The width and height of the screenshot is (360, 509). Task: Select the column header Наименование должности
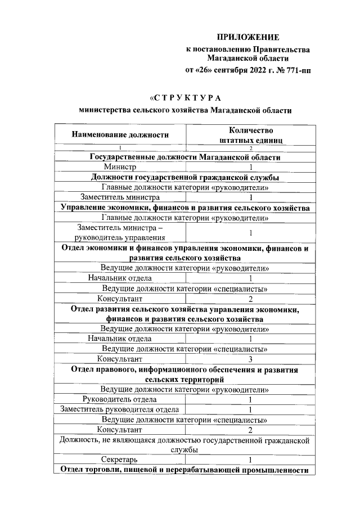coord(120,134)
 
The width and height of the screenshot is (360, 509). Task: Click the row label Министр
coord(120,167)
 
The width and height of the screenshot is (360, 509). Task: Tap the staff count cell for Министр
coord(250,167)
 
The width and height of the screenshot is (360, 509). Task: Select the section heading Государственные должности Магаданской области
coord(186,157)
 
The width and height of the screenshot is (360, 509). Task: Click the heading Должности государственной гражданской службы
coord(186,177)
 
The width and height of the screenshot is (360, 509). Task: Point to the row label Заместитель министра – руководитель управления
coord(120,232)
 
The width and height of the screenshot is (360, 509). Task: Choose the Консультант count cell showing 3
coord(250,359)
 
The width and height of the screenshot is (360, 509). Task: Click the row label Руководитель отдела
coord(120,399)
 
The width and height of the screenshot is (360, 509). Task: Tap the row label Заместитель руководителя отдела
coord(120,409)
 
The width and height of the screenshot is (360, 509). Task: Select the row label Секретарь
coord(120,460)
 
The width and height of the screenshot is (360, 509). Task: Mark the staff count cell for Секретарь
coord(250,460)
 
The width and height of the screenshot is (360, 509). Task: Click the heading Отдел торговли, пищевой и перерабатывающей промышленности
coord(186,470)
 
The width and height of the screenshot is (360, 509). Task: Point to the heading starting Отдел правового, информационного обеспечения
coord(186,374)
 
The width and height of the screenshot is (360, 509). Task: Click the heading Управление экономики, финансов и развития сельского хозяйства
coord(186,208)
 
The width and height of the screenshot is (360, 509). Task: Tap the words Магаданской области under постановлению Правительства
coord(247,58)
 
